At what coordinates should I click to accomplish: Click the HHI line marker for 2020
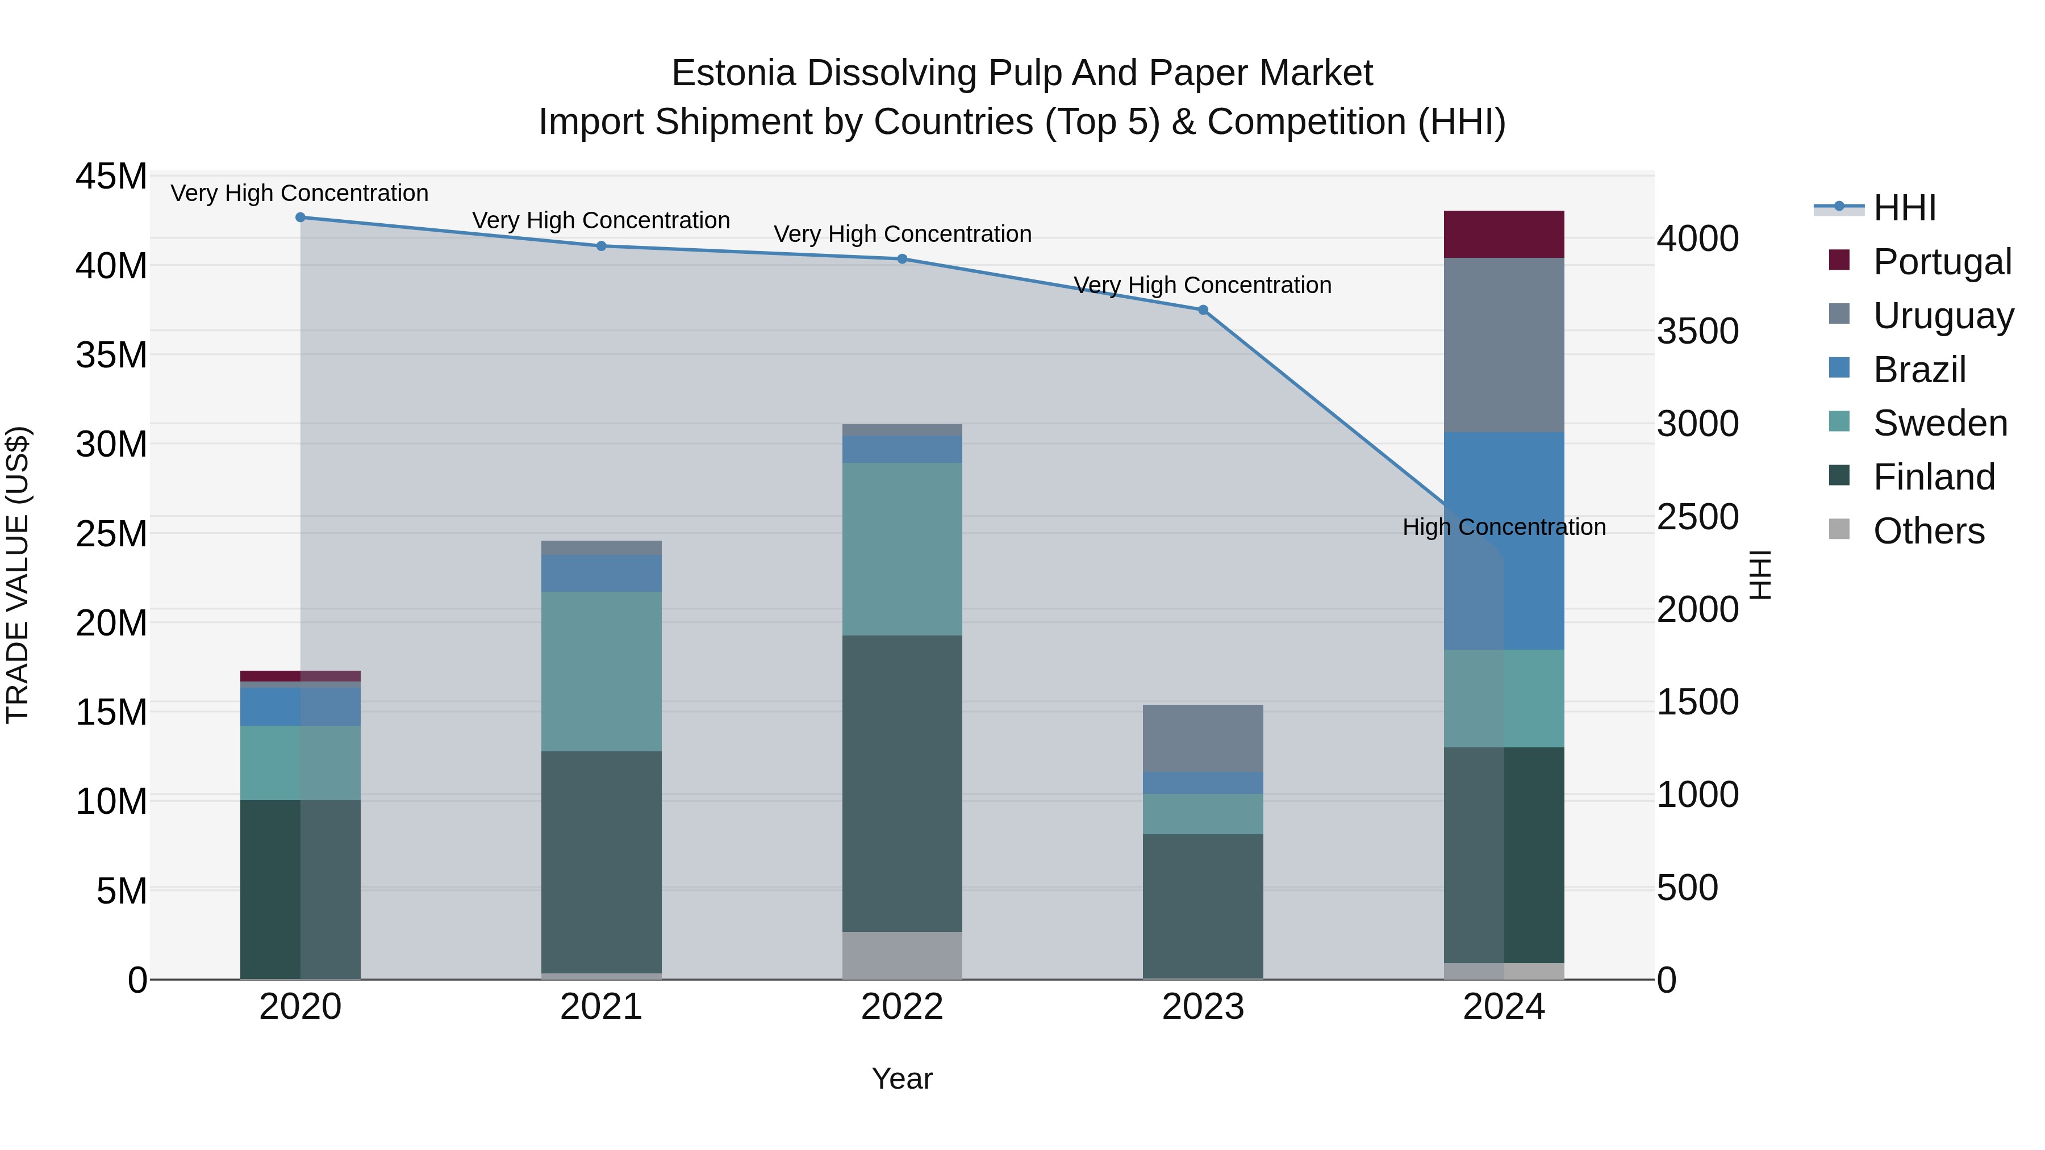click(300, 218)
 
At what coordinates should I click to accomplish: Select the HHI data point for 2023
click(1203, 310)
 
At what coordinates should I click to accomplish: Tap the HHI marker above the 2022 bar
click(902, 259)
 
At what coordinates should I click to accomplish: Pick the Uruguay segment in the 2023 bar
click(1203, 738)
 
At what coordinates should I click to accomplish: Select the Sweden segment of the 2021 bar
click(601, 671)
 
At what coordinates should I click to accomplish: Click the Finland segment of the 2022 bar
click(902, 783)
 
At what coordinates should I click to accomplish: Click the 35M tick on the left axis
click(111, 355)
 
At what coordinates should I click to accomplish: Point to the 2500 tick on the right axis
click(1697, 517)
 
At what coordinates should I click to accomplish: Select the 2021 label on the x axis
click(601, 1007)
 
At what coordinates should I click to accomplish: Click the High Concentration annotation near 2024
click(1504, 527)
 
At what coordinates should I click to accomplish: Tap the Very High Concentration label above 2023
click(1202, 285)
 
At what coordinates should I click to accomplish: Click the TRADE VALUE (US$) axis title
click(18, 575)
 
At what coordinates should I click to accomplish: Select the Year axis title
click(902, 1078)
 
